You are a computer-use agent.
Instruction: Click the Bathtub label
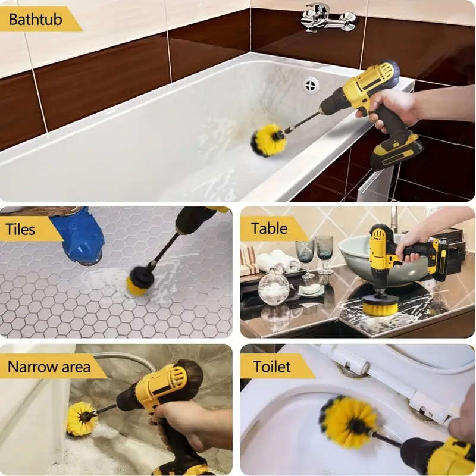pyautogui.click(x=36, y=19)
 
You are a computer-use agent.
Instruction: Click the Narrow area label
pyautogui.click(x=48, y=366)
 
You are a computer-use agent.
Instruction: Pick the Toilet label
pyautogui.click(x=271, y=366)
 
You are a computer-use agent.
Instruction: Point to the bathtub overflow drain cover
pyautogui.click(x=311, y=85)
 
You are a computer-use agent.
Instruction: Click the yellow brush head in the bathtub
pyautogui.click(x=267, y=140)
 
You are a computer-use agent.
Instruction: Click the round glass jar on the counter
pyautogui.click(x=274, y=289)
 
